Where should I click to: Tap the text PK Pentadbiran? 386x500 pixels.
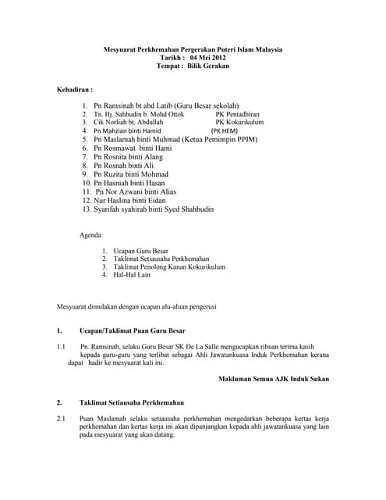[241, 114]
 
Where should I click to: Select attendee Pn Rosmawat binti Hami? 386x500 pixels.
[133, 148]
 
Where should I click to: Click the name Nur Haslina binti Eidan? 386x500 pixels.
[133, 200]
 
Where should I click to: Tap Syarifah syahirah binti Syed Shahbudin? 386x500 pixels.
[154, 209]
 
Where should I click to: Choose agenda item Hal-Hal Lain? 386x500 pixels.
[132, 275]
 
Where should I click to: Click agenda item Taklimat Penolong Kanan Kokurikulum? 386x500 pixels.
[169, 266]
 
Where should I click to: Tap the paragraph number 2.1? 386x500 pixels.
[62, 419]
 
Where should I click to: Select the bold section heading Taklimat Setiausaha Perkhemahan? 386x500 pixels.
[132, 402]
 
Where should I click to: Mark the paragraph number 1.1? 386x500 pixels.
[62, 346]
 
